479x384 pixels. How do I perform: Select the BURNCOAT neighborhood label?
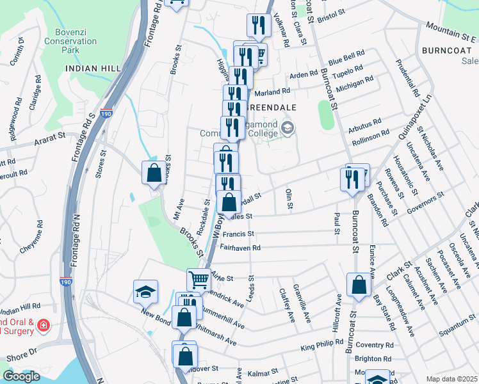pos(442,49)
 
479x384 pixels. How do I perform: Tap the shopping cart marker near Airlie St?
pos(199,280)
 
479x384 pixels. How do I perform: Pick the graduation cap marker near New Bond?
pos(145,291)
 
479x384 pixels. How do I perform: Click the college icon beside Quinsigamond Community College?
pos(288,129)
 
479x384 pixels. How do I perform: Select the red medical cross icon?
pos(43,325)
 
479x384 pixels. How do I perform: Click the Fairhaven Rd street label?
pos(240,247)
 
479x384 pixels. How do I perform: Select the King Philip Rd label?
pos(325,347)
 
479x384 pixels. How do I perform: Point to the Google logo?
pos(21,376)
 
